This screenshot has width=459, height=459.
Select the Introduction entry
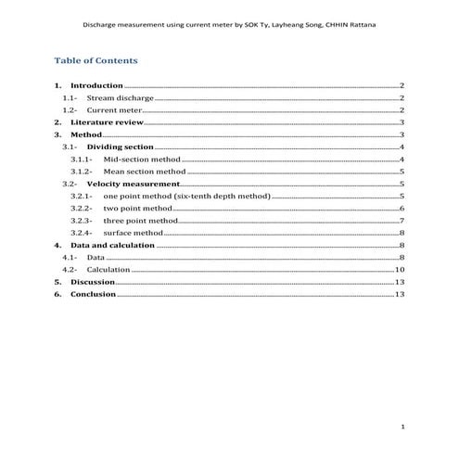click(x=97, y=85)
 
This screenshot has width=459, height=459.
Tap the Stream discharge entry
click(x=120, y=97)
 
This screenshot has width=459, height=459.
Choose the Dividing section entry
click(x=121, y=147)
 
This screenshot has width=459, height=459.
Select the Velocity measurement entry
click(x=133, y=185)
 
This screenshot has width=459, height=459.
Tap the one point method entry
click(x=186, y=197)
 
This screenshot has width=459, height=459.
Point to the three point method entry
click(x=141, y=221)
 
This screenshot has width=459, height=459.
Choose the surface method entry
click(x=134, y=233)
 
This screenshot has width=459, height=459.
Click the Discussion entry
click(x=93, y=281)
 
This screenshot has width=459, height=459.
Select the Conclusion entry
click(x=94, y=294)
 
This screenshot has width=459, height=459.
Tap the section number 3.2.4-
click(x=83, y=233)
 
